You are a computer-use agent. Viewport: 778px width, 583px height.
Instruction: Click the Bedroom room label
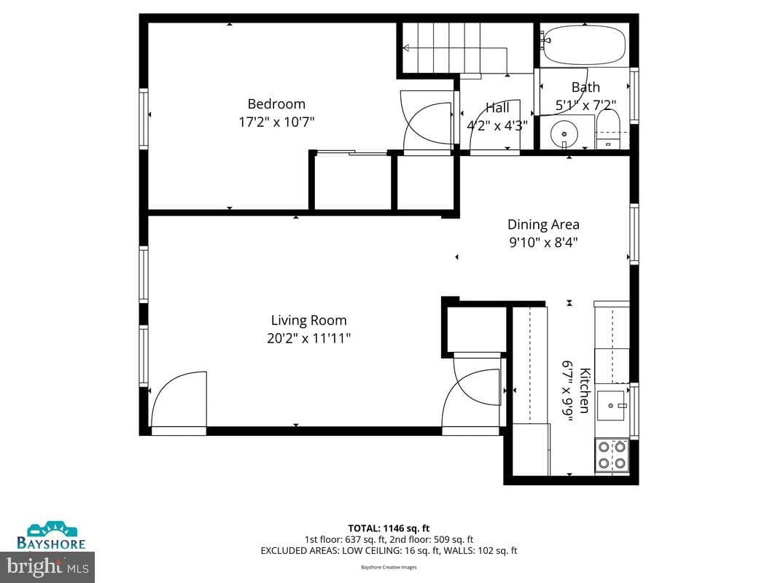tap(276, 104)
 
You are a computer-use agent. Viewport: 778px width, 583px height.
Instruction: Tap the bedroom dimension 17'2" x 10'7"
tap(277, 122)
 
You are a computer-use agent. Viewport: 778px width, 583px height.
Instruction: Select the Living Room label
tap(308, 321)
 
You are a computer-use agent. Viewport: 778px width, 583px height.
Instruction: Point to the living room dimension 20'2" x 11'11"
tap(308, 339)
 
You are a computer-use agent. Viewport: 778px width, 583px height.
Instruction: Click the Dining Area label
tap(543, 224)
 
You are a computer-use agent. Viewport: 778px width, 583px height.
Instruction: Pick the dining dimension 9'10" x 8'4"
tap(543, 243)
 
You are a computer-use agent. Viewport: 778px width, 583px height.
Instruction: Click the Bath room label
tap(586, 87)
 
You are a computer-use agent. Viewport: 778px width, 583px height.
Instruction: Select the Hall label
tap(497, 108)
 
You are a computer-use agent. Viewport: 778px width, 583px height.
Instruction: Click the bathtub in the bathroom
tap(585, 44)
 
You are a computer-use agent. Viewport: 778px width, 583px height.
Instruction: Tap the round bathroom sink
tap(564, 134)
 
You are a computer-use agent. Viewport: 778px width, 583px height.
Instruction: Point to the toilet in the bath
tap(607, 129)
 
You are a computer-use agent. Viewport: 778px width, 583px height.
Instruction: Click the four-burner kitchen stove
tap(611, 455)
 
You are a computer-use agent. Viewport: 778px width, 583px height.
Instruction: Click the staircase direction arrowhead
tap(406, 48)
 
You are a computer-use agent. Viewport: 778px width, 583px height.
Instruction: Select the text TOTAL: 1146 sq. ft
tap(389, 528)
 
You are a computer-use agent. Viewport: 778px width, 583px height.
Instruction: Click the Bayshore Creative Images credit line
tap(389, 567)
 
